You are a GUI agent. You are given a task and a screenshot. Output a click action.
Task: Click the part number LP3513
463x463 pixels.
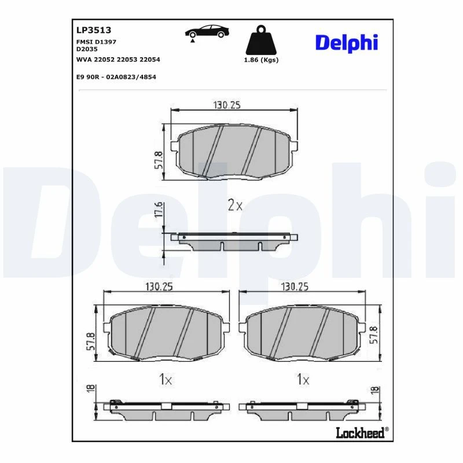click(94, 30)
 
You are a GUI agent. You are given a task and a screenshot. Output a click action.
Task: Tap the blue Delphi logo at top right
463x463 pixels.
click(347, 43)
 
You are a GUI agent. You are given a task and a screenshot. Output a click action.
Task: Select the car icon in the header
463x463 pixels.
click(207, 32)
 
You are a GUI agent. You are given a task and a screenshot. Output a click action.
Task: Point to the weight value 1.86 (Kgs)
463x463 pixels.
click(261, 60)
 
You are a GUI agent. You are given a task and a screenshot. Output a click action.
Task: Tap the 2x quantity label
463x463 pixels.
click(235, 205)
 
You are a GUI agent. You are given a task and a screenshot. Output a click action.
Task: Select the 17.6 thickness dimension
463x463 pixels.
click(159, 210)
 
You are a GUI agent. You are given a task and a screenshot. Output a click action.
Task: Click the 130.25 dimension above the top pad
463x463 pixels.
click(227, 105)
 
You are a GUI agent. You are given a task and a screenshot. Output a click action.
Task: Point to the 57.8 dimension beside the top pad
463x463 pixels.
click(159, 160)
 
